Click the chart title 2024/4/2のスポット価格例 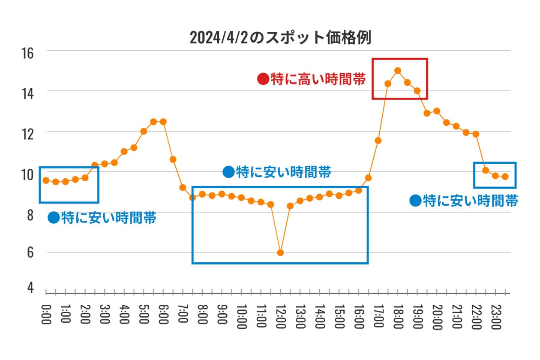click(x=280, y=38)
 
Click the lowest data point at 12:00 click(x=280, y=252)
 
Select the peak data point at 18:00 click(x=398, y=70)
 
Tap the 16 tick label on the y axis click(x=27, y=53)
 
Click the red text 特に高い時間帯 click(x=318, y=79)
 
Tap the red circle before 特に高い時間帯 click(x=263, y=79)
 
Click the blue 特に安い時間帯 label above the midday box click(x=283, y=172)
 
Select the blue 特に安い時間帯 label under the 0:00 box click(x=108, y=218)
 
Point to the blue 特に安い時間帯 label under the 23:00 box click(x=471, y=201)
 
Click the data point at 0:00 click(x=46, y=180)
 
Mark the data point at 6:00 click(x=163, y=122)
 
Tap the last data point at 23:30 click(x=505, y=177)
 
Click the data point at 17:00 click(x=378, y=141)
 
